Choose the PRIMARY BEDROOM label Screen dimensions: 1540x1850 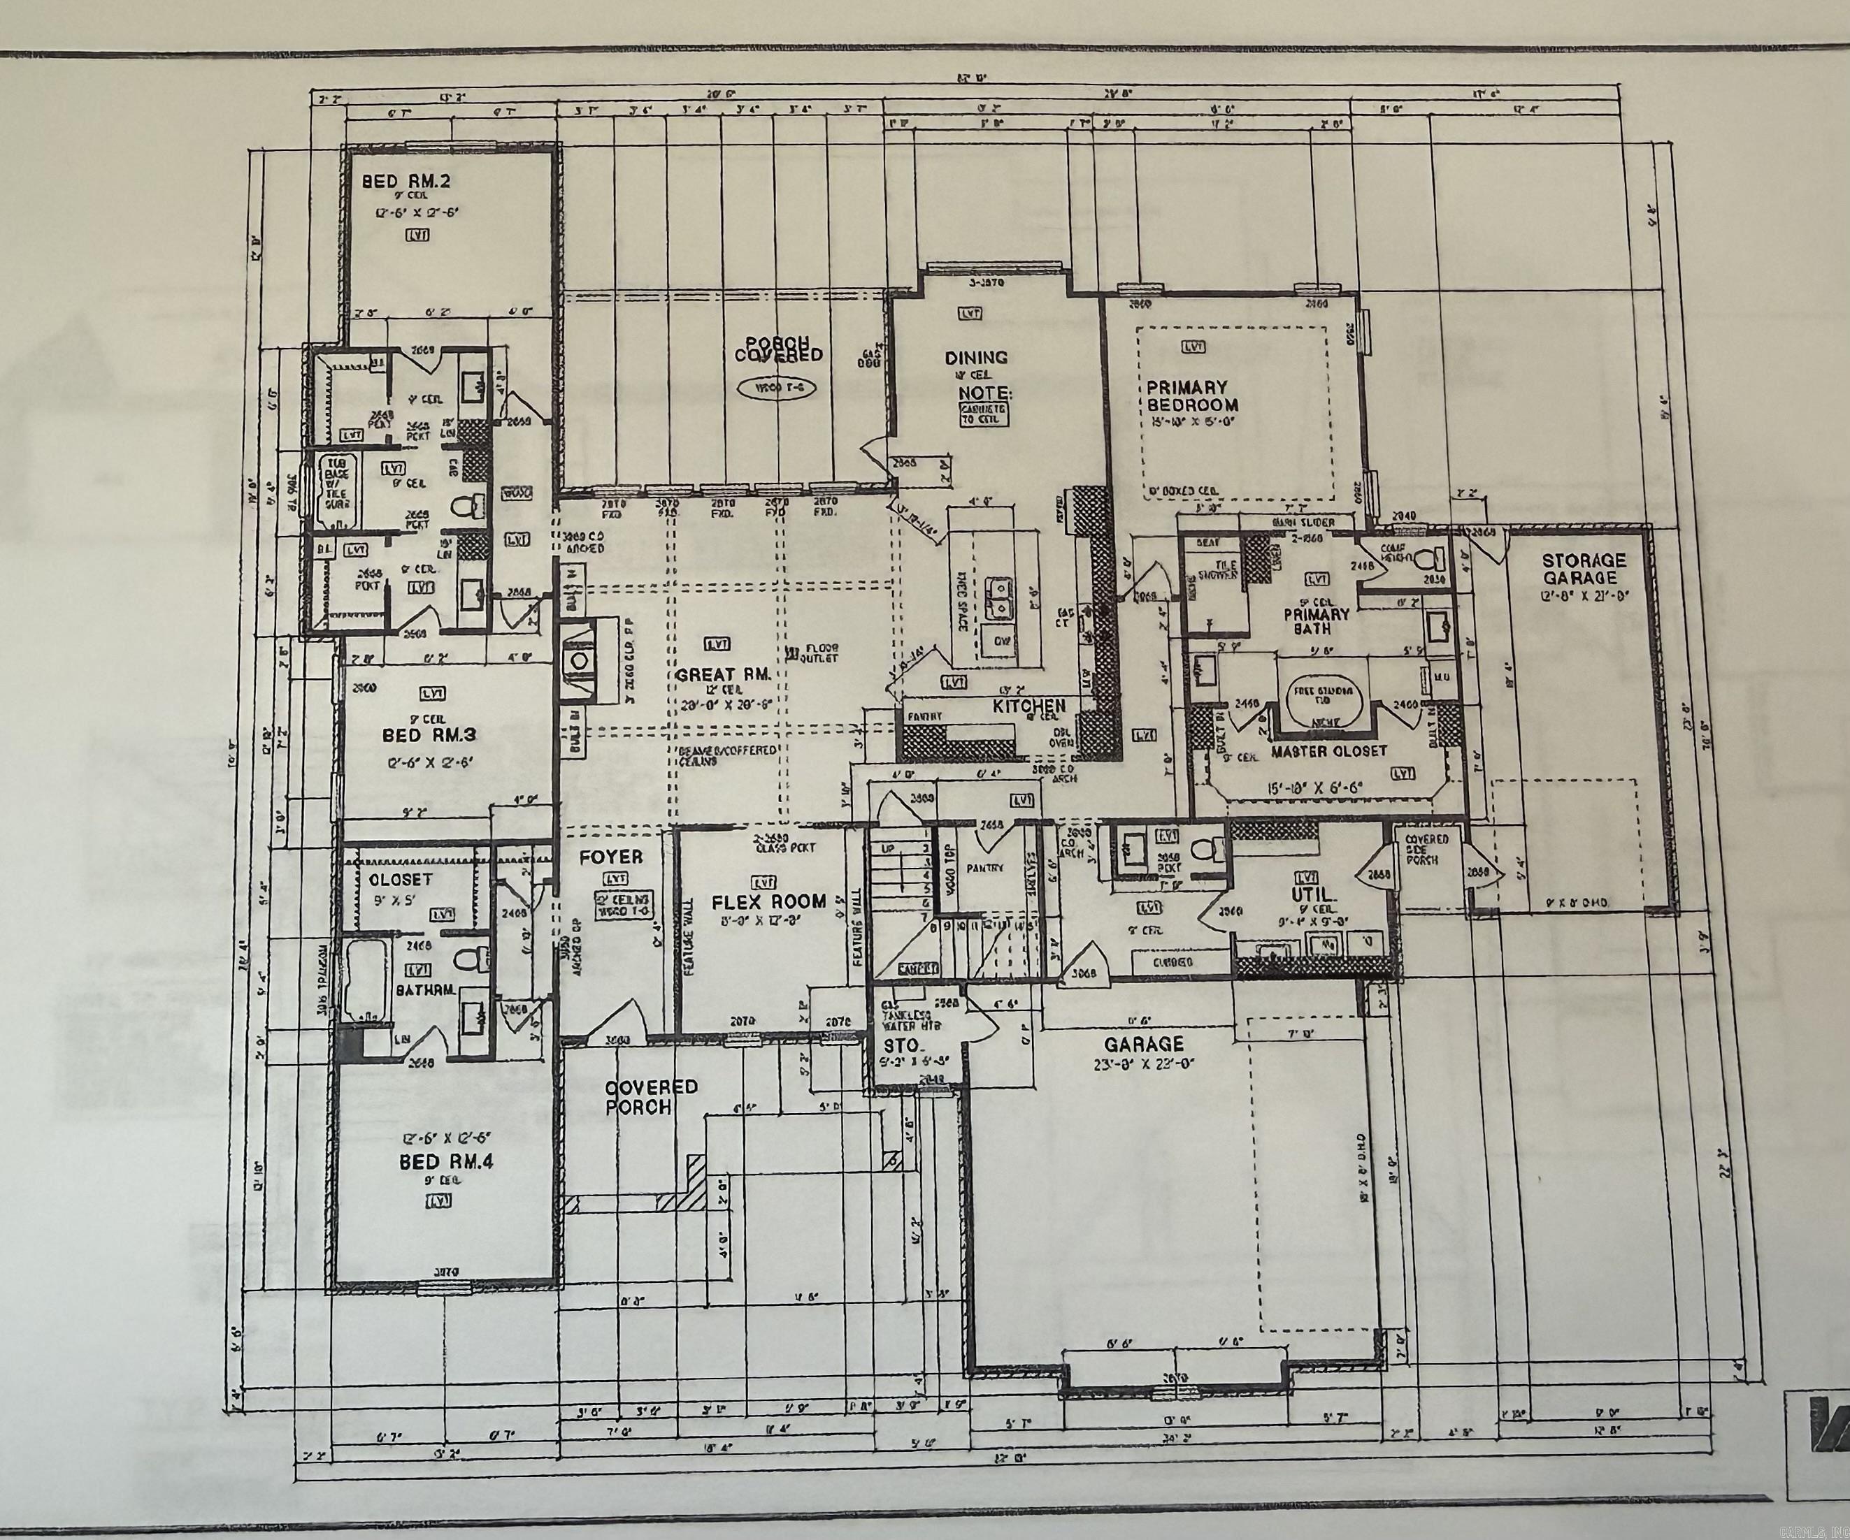pyautogui.click(x=1192, y=396)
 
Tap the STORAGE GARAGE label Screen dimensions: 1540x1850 pyautogui.click(x=1583, y=569)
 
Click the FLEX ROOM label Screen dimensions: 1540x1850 pyautogui.click(x=769, y=901)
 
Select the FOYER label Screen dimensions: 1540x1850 pyautogui.click(x=610, y=857)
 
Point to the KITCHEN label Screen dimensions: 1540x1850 pyautogui.click(x=1029, y=705)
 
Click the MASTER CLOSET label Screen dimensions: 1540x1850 pyautogui.click(x=1328, y=751)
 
